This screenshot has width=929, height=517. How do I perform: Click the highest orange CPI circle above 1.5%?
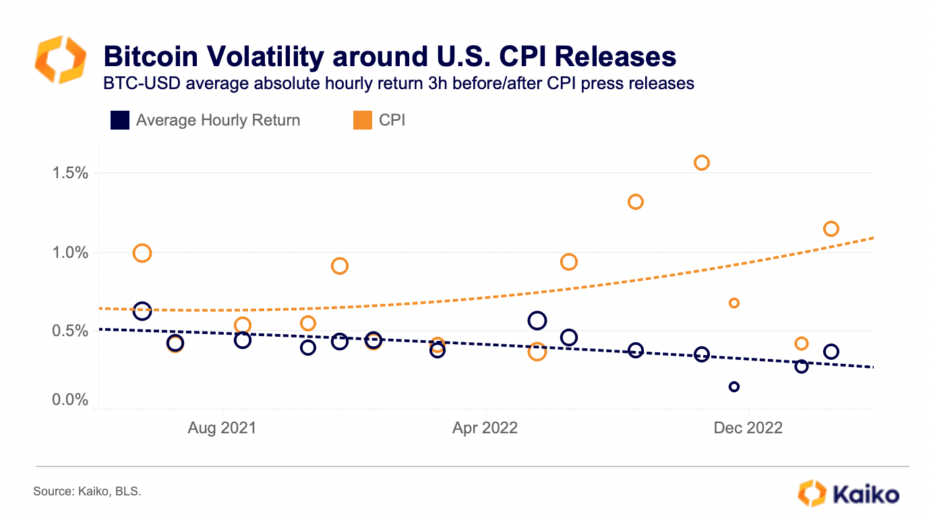click(x=701, y=163)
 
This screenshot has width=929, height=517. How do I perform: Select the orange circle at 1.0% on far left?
click(x=142, y=253)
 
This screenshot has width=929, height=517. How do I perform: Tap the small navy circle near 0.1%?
click(x=734, y=387)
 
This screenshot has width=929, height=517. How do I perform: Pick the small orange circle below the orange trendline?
click(x=734, y=303)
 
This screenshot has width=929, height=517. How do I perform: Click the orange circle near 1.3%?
click(x=635, y=202)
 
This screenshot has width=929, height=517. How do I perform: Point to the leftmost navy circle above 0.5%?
click(x=142, y=311)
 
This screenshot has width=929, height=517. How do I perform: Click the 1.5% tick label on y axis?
click(x=69, y=173)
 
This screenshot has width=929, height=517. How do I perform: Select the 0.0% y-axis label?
click(x=69, y=400)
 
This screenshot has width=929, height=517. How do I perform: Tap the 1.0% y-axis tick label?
click(x=69, y=253)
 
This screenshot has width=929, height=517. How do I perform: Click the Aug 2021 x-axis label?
click(x=222, y=428)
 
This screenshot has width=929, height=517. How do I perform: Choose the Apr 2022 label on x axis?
click(x=485, y=428)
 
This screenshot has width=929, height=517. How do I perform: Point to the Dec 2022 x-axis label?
click(x=748, y=428)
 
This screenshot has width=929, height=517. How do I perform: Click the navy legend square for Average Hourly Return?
click(x=119, y=121)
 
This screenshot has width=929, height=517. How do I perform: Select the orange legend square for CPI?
click(x=362, y=121)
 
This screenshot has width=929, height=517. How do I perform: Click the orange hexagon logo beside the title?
click(x=60, y=60)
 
